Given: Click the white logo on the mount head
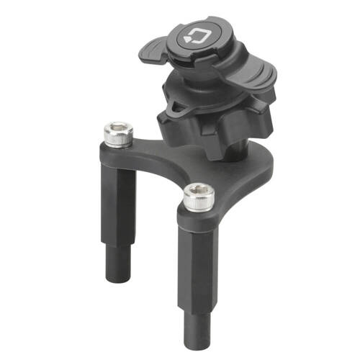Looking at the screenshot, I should pos(195,34).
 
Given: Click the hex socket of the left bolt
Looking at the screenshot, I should pos(117,131).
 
